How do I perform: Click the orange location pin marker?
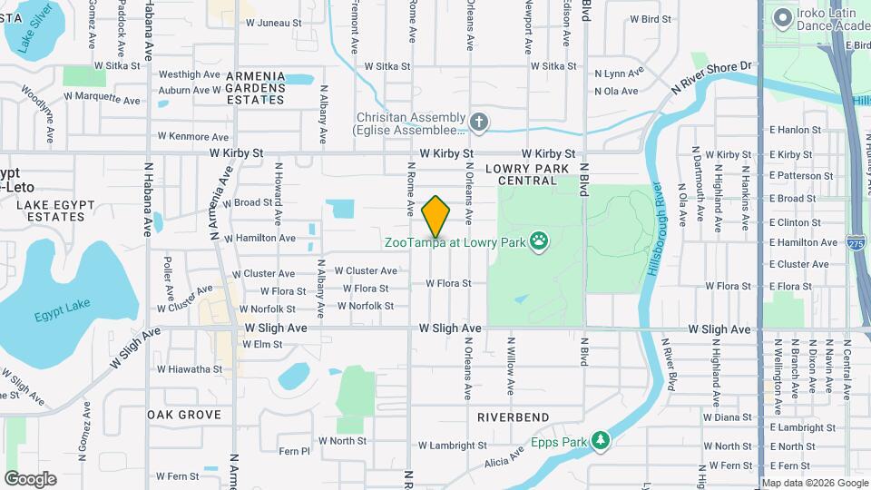[435, 216]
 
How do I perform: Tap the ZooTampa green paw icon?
[540, 241]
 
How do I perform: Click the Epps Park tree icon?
[600, 440]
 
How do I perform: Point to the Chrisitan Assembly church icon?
[480, 121]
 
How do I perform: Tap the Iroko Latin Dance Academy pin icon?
[781, 17]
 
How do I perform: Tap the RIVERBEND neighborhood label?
[513, 416]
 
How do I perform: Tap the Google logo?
[30, 479]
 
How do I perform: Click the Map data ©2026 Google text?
[814, 483]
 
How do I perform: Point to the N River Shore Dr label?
[712, 76]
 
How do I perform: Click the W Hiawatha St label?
[189, 369]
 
